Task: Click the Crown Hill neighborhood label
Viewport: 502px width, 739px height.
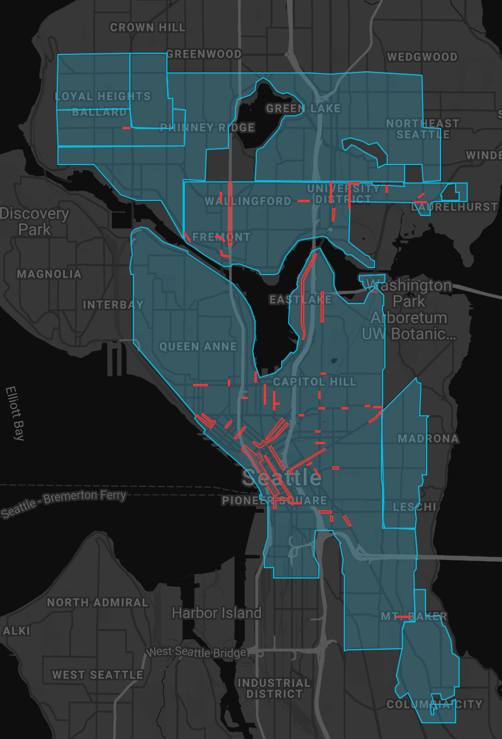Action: coord(148,27)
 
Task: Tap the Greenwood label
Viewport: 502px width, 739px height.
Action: coord(203,54)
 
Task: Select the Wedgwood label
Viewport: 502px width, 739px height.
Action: coord(422,57)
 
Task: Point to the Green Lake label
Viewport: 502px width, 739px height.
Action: coord(303,108)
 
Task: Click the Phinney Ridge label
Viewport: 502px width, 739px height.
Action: coord(207,127)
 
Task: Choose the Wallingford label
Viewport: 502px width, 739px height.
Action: coord(248,201)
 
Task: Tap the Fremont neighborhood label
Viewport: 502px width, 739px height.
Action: coord(221,237)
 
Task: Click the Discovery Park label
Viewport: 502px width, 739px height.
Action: coord(34,221)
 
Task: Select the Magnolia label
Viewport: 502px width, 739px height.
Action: coord(49,274)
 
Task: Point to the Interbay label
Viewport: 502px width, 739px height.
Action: coord(113,305)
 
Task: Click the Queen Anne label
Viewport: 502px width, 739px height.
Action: coord(198,346)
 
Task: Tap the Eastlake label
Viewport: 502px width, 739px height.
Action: coord(300,299)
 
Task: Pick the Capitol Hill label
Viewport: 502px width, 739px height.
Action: coord(315,382)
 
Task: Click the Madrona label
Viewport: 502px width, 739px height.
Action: coord(428,438)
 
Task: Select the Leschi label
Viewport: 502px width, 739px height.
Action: coord(414,507)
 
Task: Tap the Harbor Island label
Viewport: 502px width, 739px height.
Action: coord(216,613)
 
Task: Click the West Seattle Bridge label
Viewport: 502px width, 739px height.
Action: coord(197,652)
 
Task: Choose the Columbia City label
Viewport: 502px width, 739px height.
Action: coord(434,704)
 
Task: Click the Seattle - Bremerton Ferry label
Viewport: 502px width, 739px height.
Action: coord(63,504)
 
